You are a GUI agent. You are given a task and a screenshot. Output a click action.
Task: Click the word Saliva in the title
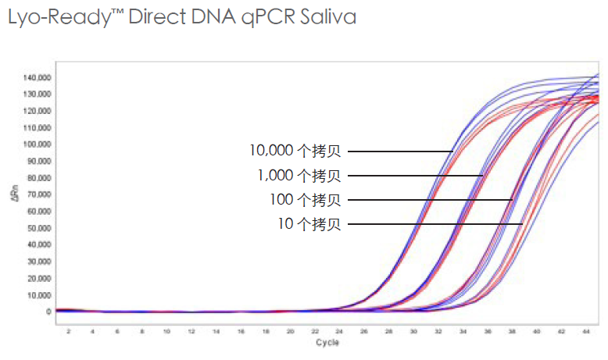327,18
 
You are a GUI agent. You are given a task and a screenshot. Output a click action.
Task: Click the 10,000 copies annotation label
295,151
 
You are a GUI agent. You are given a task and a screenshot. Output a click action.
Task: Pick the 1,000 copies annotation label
299,176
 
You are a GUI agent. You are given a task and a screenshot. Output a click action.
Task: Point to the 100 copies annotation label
306,200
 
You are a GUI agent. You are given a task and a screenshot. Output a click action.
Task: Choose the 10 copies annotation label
309,225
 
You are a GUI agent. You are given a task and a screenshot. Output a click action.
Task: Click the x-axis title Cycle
327,343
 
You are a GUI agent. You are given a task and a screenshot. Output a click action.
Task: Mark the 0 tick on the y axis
48,312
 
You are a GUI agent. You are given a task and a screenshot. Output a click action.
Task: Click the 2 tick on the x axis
68,332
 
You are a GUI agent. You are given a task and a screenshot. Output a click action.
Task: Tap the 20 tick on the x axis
290,332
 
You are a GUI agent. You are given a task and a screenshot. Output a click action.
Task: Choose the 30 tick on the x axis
413,332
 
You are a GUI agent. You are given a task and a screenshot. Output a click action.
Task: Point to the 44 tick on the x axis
586,332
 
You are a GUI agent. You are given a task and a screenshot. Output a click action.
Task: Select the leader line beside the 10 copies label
435,225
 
